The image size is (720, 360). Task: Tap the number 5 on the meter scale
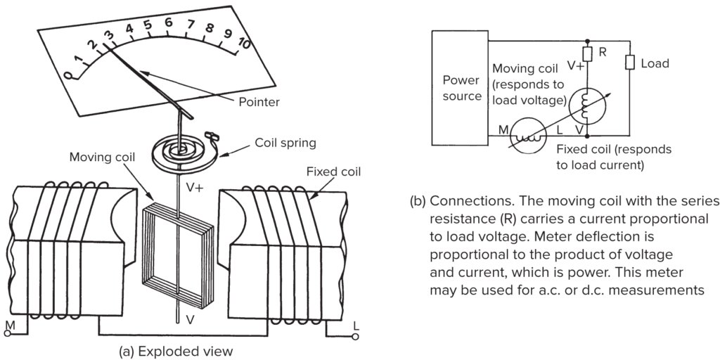[148, 26]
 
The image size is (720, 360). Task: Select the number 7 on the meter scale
[189, 25]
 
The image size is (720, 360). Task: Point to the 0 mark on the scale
[68, 75]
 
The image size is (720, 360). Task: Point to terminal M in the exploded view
[9, 325]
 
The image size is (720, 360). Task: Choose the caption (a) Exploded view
[176, 350]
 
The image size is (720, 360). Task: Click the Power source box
[461, 88]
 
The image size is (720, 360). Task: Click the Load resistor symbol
[629, 63]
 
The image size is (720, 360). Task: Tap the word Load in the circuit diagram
[655, 63]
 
